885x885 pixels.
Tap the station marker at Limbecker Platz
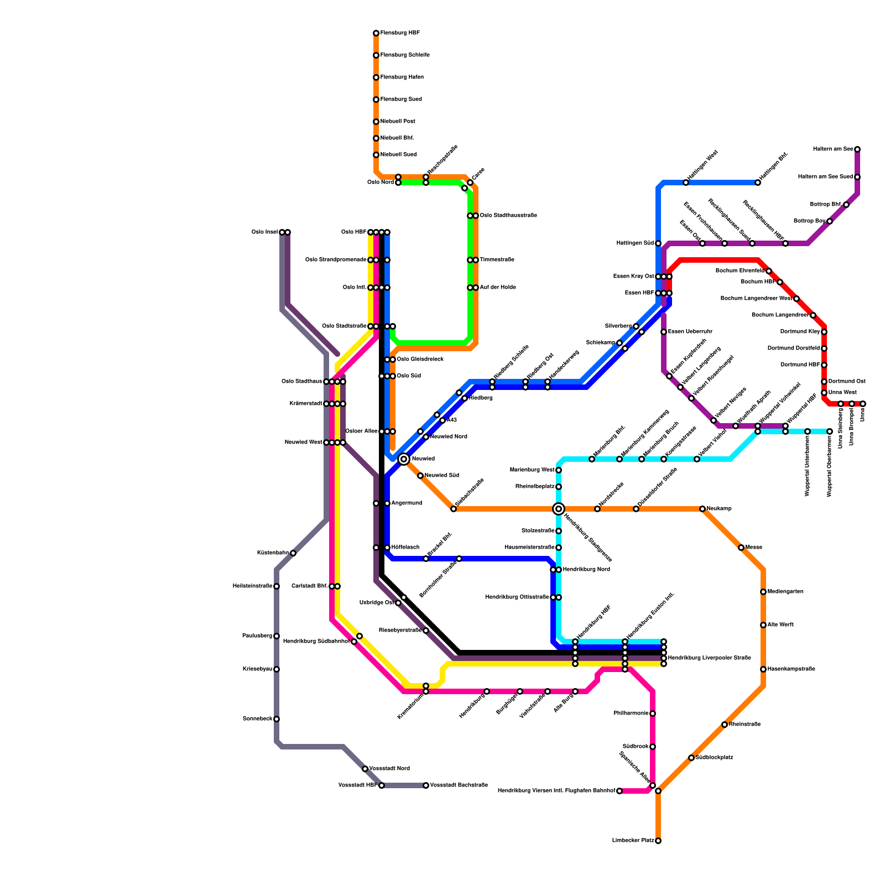(x=658, y=841)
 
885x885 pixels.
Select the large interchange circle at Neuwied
(x=404, y=459)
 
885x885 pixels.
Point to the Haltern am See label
(x=833, y=149)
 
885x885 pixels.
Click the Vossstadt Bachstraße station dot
(x=426, y=785)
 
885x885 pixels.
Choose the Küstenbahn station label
(x=273, y=553)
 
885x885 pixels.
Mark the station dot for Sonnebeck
(x=277, y=719)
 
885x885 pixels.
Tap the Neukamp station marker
(x=702, y=509)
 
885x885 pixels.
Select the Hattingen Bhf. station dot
(x=758, y=183)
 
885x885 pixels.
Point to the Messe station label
(x=754, y=548)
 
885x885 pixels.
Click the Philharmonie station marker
(x=653, y=714)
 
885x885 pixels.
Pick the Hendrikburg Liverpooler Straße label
(x=710, y=658)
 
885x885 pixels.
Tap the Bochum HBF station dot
(x=780, y=282)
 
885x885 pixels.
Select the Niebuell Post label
(x=398, y=122)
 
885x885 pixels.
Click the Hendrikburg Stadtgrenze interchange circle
(x=559, y=509)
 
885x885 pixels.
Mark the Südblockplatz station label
(x=714, y=758)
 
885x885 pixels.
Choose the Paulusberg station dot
(x=277, y=636)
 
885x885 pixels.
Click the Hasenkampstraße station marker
(x=763, y=669)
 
